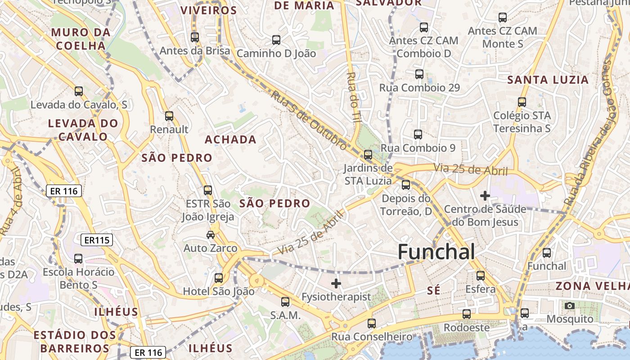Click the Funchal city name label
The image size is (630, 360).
(436, 252)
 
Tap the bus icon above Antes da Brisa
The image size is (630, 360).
(195, 37)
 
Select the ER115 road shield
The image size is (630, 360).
(97, 240)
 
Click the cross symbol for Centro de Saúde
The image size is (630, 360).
(485, 196)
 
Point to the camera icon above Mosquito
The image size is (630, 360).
(570, 306)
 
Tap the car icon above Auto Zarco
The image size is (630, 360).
(210, 234)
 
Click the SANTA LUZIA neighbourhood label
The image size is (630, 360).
(548, 80)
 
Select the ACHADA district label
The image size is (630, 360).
(230, 139)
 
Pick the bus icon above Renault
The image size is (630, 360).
(169, 116)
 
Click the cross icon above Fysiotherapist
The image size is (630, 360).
(336, 283)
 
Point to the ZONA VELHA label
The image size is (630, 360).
(592, 286)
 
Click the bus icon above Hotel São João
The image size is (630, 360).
(219, 278)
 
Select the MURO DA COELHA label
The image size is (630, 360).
(81, 39)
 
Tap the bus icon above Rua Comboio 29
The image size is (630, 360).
(419, 74)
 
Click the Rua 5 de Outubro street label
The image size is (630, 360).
(309, 120)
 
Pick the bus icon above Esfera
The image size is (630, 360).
(481, 275)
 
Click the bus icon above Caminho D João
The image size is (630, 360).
(276, 40)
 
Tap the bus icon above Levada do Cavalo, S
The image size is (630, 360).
(79, 91)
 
